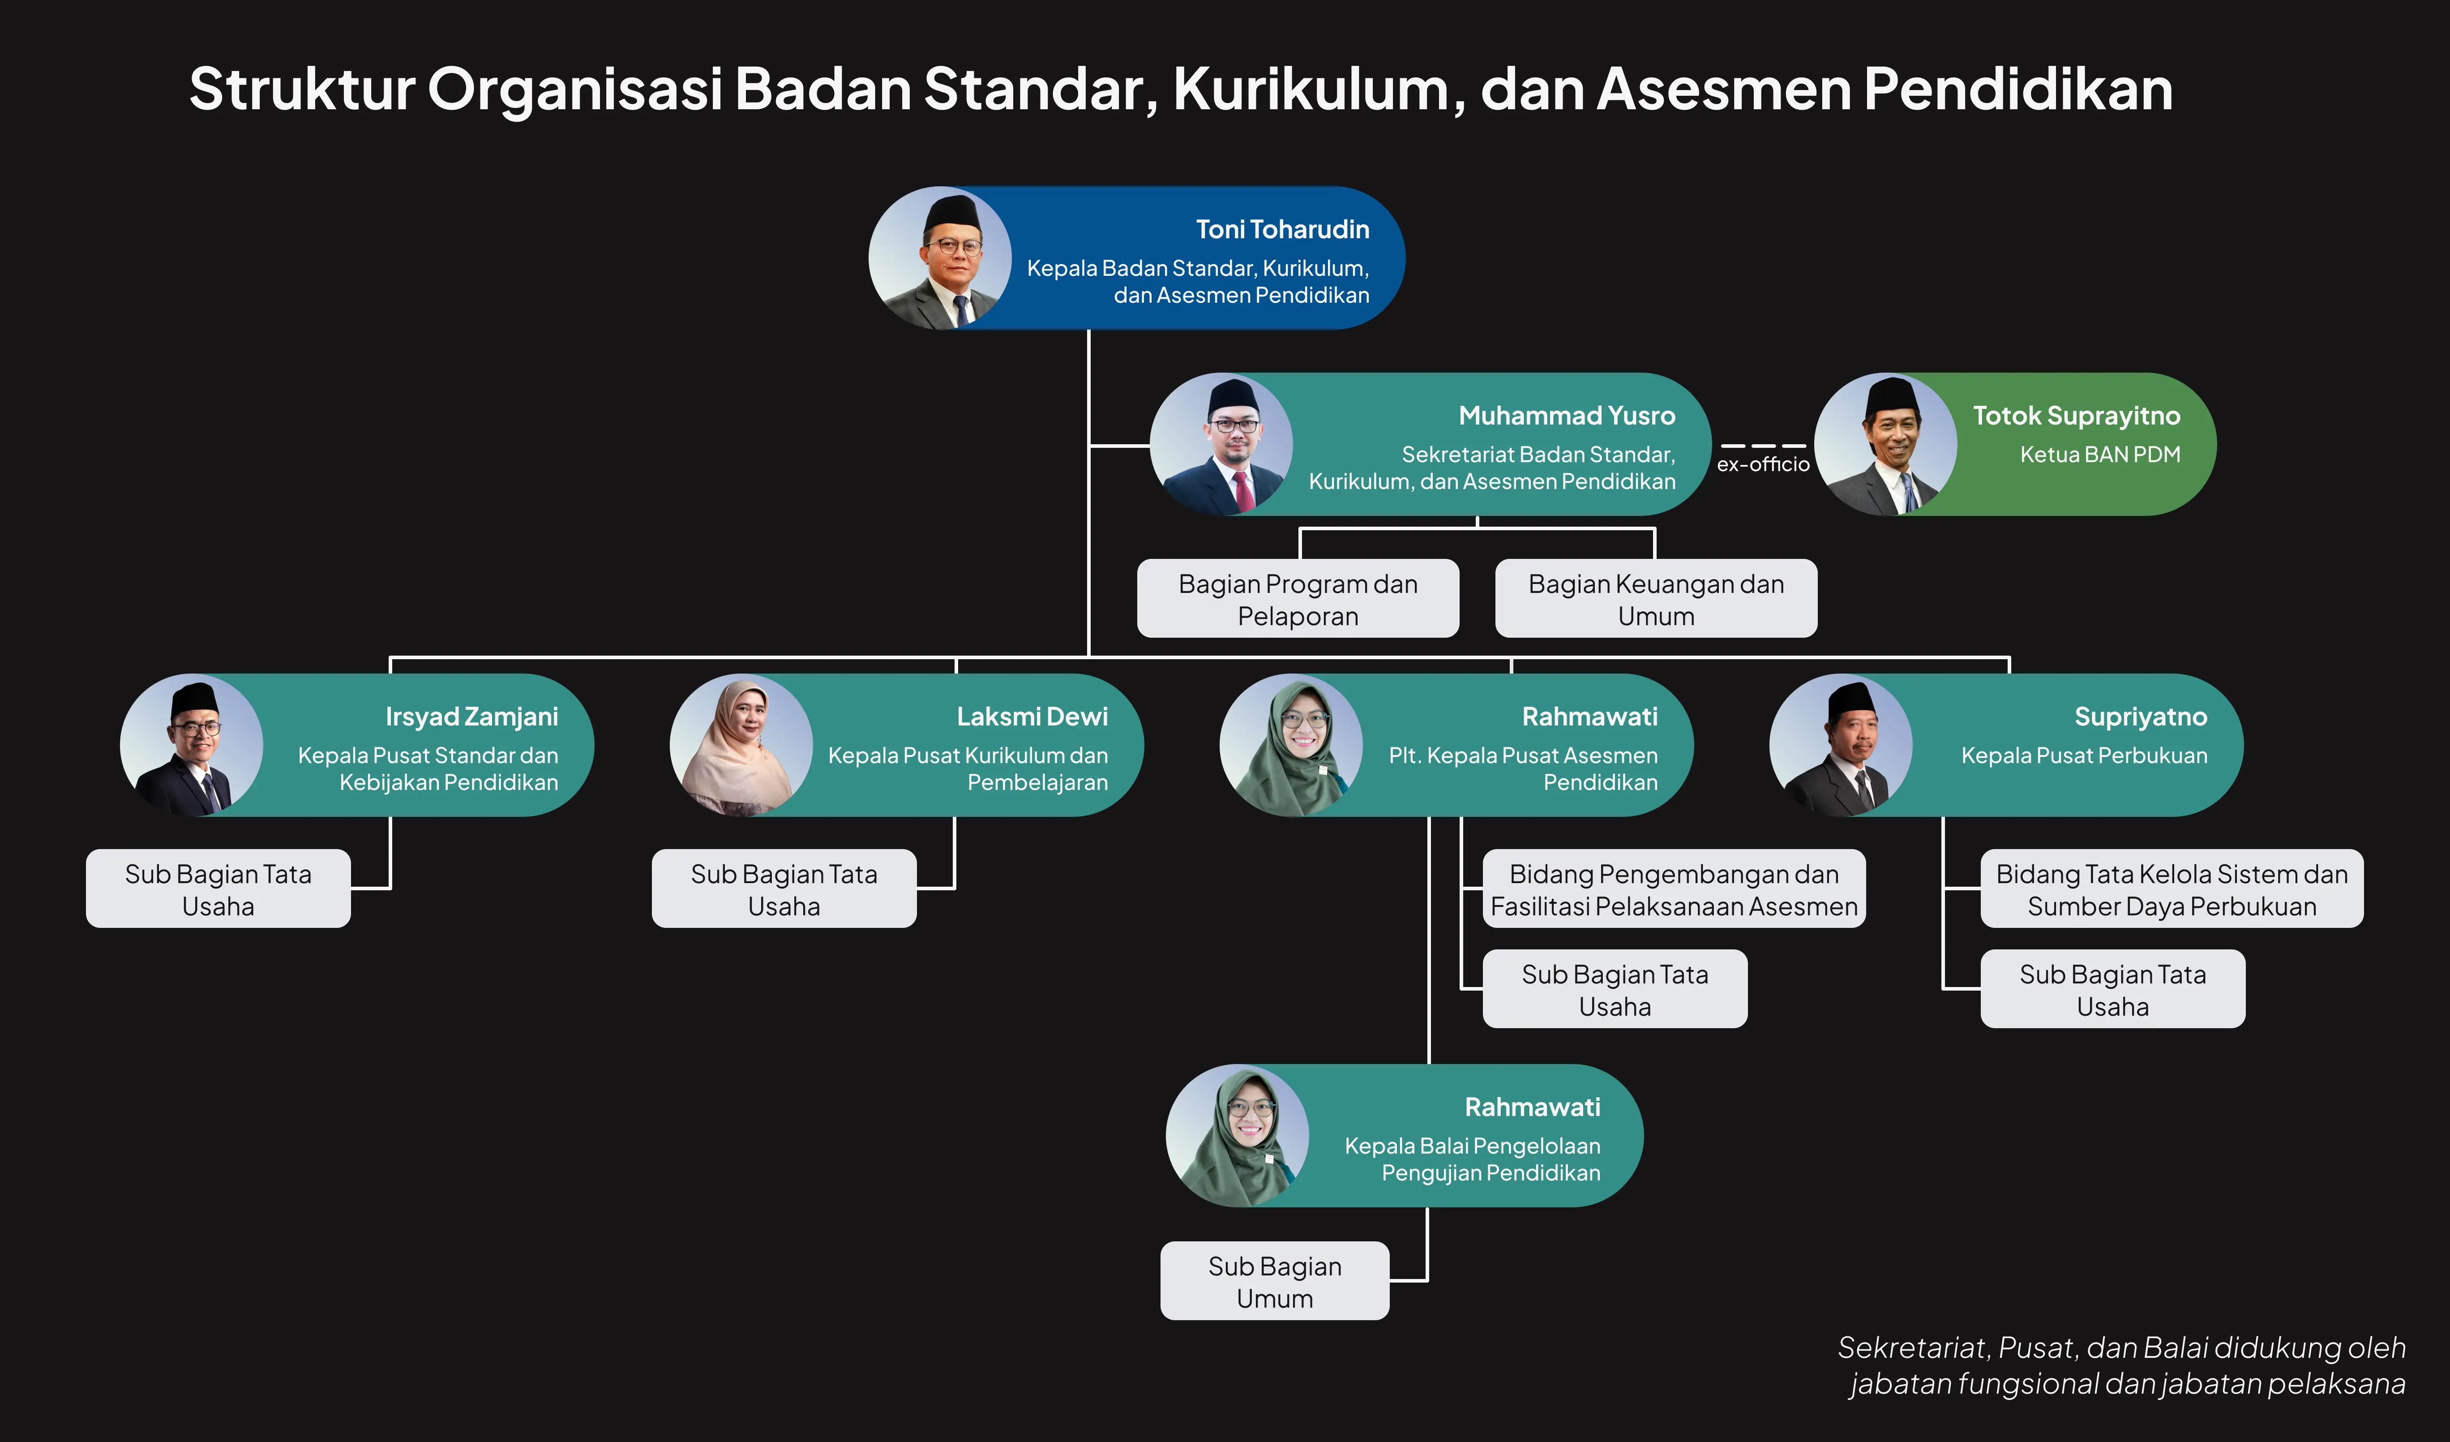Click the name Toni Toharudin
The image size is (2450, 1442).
[x=1282, y=229]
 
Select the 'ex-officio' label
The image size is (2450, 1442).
[x=1763, y=465]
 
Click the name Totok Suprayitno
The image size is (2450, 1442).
[x=2077, y=416]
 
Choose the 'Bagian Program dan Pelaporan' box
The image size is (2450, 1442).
[x=1298, y=598]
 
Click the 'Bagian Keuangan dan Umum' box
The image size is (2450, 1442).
[x=1656, y=598]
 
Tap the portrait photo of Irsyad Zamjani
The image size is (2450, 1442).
[x=192, y=745]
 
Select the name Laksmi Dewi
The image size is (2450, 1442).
[x=1032, y=717]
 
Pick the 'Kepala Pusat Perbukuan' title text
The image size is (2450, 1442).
[x=2085, y=755]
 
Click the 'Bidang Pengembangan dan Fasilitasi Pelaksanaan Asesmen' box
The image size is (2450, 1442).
[x=1674, y=889]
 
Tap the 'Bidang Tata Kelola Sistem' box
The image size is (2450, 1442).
[x=2172, y=889]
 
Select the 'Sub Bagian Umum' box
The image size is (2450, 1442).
[x=1275, y=1281]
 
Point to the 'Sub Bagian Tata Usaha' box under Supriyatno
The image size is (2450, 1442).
[x=2113, y=989]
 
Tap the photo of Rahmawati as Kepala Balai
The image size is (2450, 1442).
[x=1238, y=1136]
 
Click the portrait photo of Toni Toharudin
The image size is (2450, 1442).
[x=940, y=257]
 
